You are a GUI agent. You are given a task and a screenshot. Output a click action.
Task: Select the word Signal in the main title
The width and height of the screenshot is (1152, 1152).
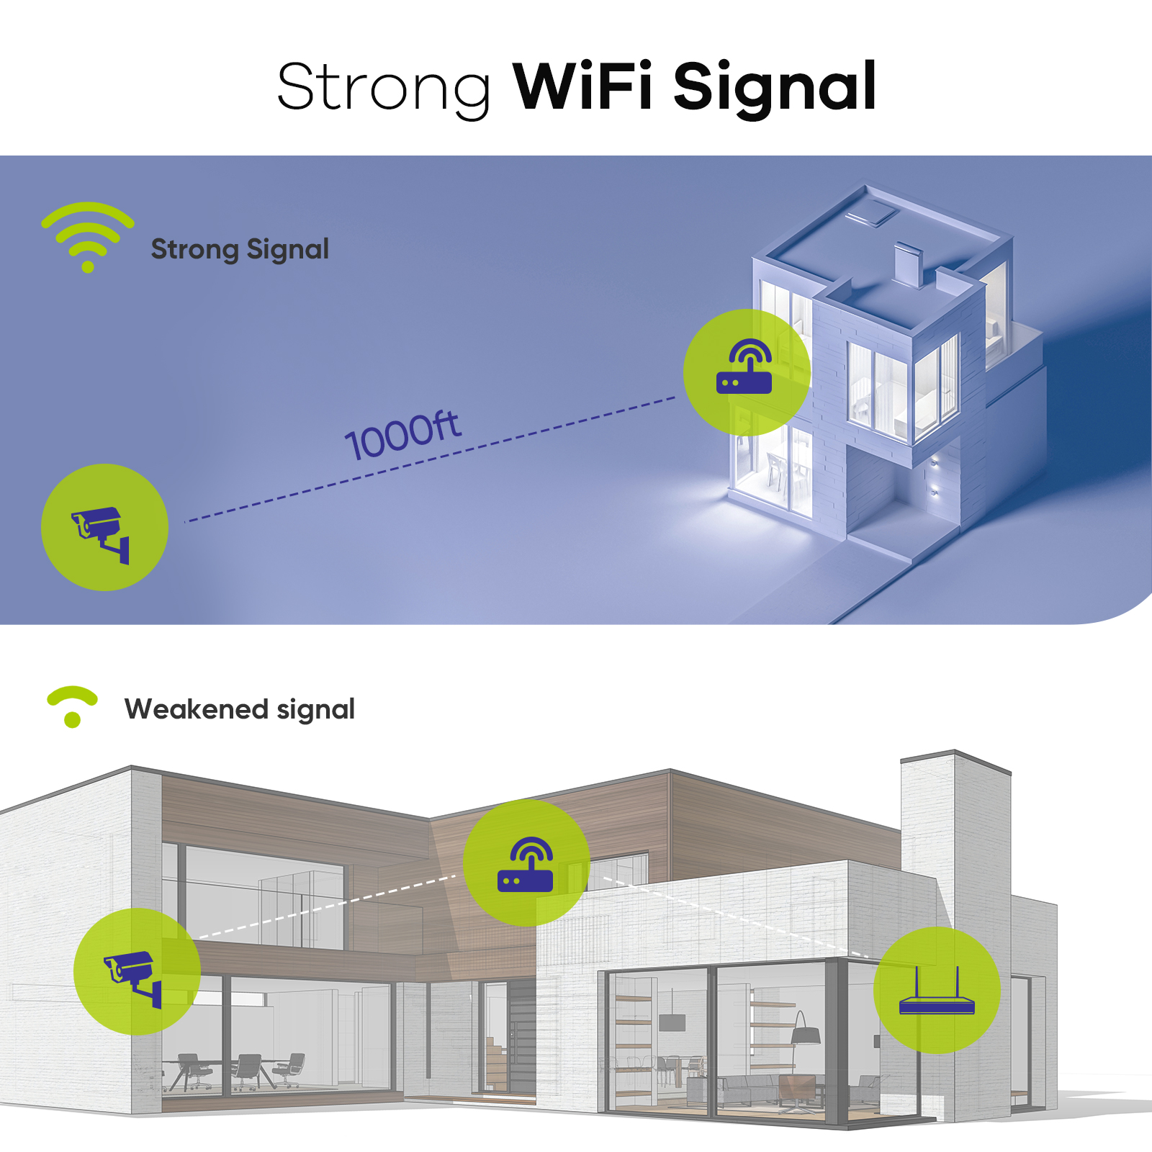point(775,87)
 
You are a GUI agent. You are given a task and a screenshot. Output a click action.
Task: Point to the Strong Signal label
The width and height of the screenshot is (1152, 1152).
point(240,249)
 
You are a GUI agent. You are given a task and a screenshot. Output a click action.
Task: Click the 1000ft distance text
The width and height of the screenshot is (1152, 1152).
point(402,436)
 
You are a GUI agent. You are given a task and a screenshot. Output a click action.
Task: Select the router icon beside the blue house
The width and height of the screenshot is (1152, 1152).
point(746,371)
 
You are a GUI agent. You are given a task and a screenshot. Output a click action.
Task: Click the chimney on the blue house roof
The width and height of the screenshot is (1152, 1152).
point(908,264)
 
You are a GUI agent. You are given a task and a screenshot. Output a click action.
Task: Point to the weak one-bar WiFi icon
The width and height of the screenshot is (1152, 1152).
point(72,706)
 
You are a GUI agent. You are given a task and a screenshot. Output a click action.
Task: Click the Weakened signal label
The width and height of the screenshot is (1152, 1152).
point(240,709)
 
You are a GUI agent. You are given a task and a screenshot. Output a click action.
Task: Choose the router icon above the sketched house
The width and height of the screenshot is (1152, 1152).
point(526,863)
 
